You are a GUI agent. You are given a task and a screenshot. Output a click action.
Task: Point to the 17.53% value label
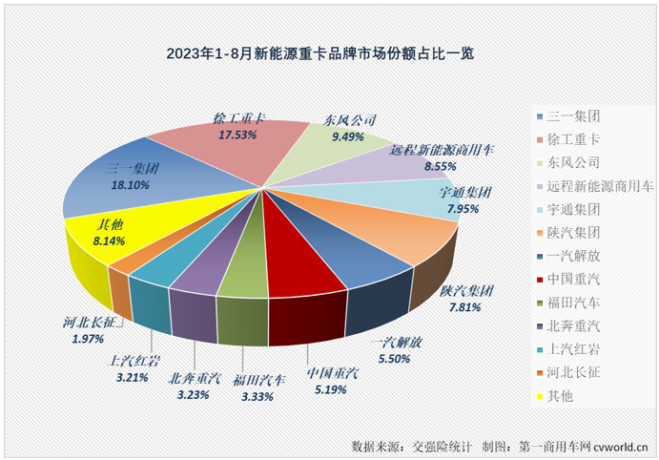coord(237,136)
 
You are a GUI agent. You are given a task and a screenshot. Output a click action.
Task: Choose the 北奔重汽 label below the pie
coord(194,377)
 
